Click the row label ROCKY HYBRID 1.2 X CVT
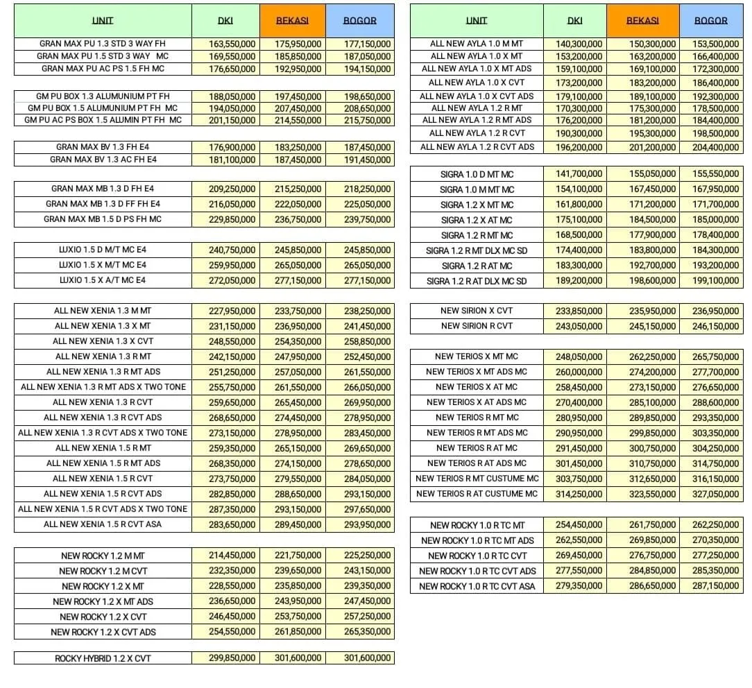pyautogui.click(x=103, y=658)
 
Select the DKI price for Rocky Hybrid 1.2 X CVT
pyautogui.click(x=232, y=657)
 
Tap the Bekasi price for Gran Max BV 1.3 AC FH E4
pyautogui.click(x=298, y=160)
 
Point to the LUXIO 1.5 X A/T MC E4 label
pyautogui.click(x=103, y=280)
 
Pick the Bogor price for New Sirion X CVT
pyautogui.click(x=715, y=311)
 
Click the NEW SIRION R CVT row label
pyautogui.click(x=477, y=326)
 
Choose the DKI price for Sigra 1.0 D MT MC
pyautogui.click(x=579, y=174)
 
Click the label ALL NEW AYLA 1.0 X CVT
pyautogui.click(x=477, y=83)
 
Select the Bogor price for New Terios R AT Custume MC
pyautogui.click(x=715, y=494)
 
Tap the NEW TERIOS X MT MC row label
pyautogui.click(x=477, y=356)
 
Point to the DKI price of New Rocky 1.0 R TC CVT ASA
pyautogui.click(x=579, y=586)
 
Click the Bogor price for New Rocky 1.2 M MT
pyautogui.click(x=367, y=556)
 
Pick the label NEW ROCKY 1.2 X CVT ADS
pyautogui.click(x=103, y=632)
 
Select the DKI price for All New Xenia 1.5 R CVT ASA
pyautogui.click(x=232, y=524)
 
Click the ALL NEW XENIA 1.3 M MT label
pyautogui.click(x=103, y=311)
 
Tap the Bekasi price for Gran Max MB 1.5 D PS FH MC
pyautogui.click(x=298, y=219)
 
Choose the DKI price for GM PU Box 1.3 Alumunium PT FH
pyautogui.click(x=232, y=96)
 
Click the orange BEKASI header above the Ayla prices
pyautogui.click(x=642, y=21)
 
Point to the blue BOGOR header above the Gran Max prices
pyautogui.click(x=360, y=21)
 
